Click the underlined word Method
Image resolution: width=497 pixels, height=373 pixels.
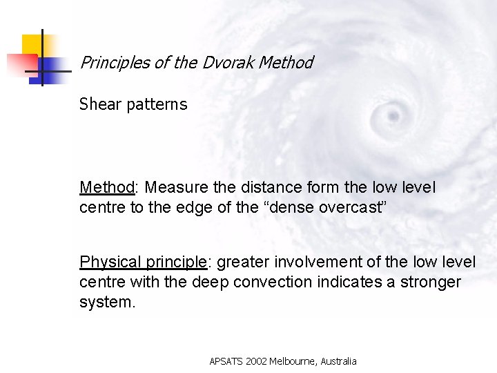click(106, 187)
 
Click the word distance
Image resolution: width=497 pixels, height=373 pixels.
click(266, 187)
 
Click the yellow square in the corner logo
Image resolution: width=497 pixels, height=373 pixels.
click(32, 44)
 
